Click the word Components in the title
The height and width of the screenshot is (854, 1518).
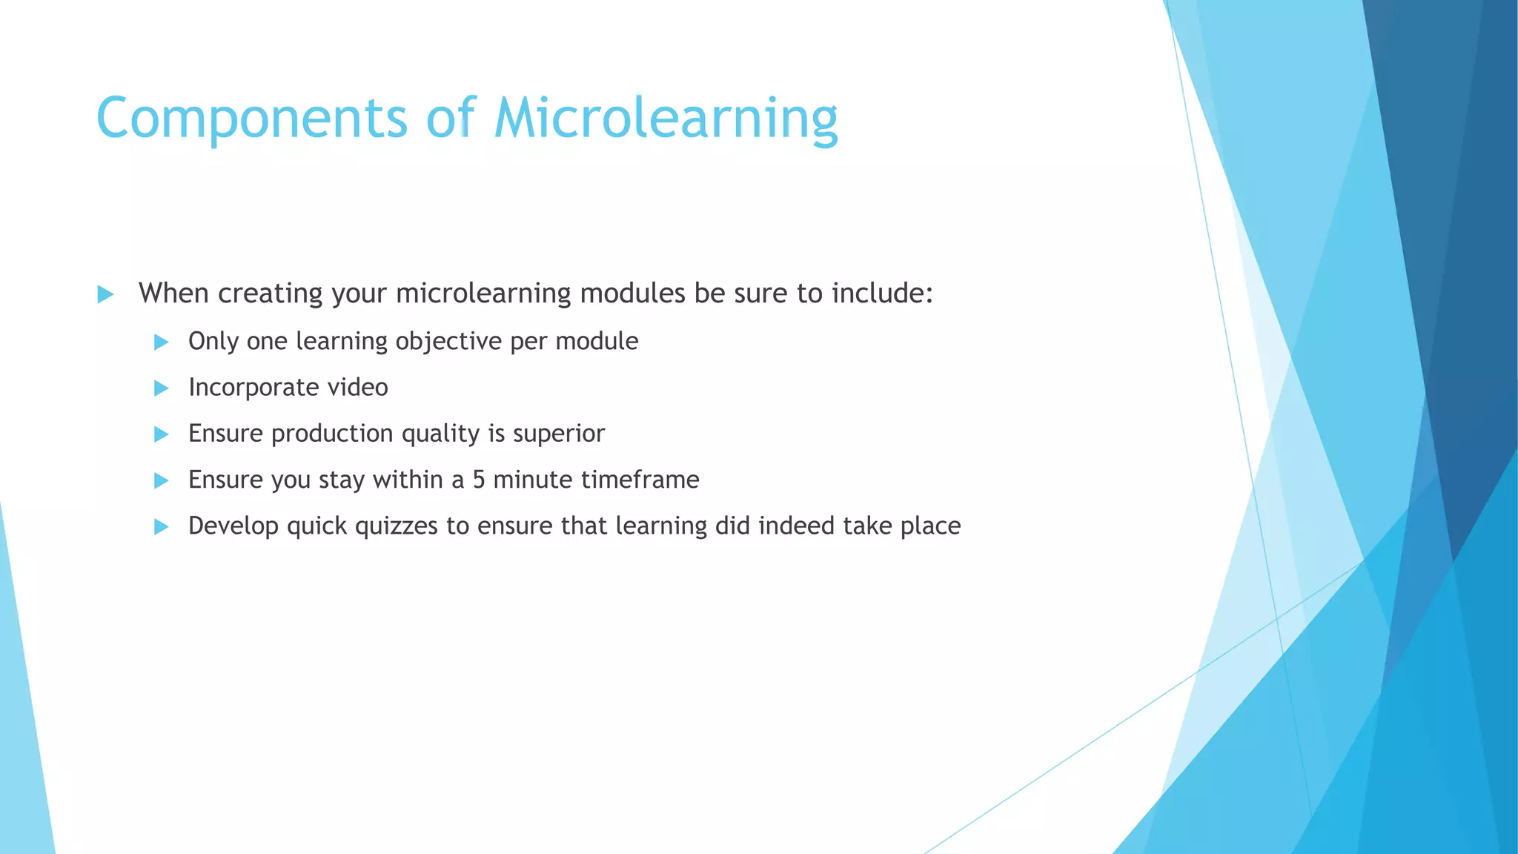point(252,119)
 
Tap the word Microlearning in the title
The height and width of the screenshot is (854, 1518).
point(666,119)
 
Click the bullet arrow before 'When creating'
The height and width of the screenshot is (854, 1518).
point(105,294)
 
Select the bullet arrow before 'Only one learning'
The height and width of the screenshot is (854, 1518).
point(161,342)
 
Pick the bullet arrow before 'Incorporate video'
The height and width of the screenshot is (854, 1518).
point(161,388)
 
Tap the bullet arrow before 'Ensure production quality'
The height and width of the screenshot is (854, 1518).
point(161,434)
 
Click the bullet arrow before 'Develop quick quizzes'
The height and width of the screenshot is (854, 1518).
point(161,527)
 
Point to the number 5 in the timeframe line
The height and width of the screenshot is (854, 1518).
point(479,480)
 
